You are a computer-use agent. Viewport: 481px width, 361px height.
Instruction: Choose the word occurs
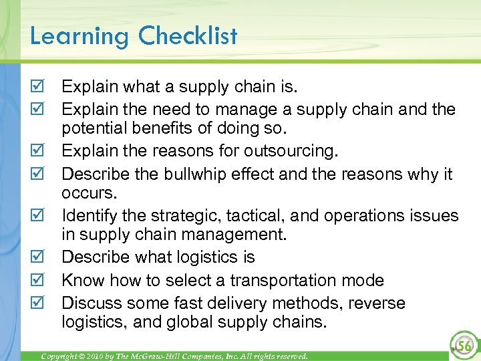coord(89,194)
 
